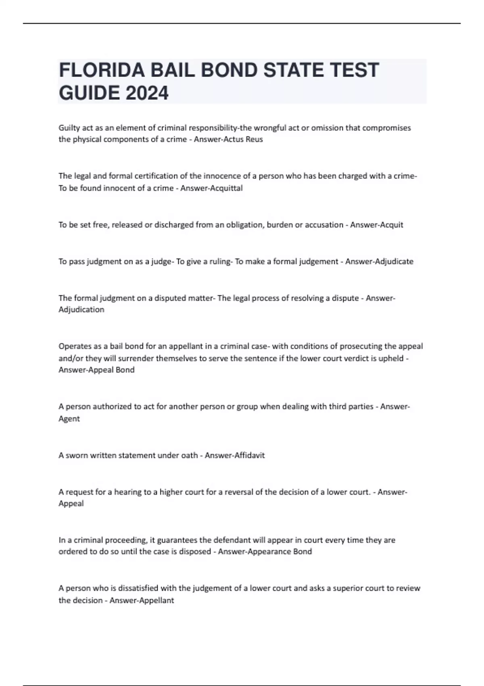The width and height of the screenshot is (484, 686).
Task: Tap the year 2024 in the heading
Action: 147,93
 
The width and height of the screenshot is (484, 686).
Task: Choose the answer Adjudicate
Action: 394,261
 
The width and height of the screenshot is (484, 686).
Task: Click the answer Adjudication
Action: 81,310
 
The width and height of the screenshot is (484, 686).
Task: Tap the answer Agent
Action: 69,418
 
